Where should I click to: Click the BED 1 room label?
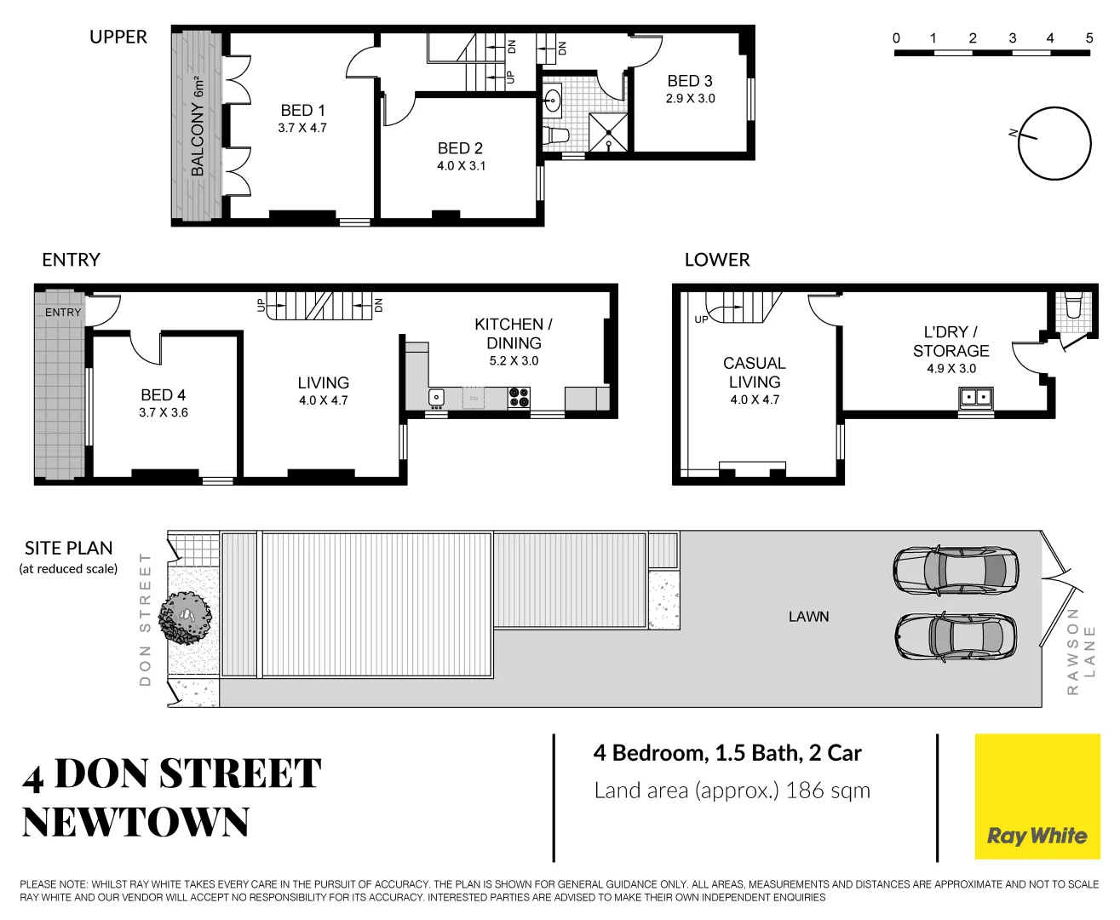pyautogui.click(x=302, y=111)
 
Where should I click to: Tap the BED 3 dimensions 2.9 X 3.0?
pyautogui.click(x=690, y=99)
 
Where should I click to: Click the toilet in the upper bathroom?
pyautogui.click(x=557, y=135)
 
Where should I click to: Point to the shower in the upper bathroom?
pyautogui.click(x=608, y=133)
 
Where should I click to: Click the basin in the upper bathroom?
pyautogui.click(x=553, y=100)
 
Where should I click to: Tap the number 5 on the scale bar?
pyautogui.click(x=1088, y=37)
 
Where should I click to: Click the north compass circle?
pyautogui.click(x=1054, y=143)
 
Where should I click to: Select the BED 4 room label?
pyautogui.click(x=163, y=395)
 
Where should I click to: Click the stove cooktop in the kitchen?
pyautogui.click(x=519, y=397)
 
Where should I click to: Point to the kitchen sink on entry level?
pyautogui.click(x=436, y=397)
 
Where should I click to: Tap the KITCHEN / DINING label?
pyautogui.click(x=514, y=334)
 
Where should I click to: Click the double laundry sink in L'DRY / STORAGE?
pyautogui.click(x=976, y=397)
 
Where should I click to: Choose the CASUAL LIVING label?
pyautogui.click(x=754, y=373)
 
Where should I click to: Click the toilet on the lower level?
pyautogui.click(x=1073, y=304)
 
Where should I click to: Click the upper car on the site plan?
pyautogui.click(x=955, y=569)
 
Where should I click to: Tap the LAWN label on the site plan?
pyautogui.click(x=808, y=617)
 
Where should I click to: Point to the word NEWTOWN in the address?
pyautogui.click(x=136, y=823)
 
